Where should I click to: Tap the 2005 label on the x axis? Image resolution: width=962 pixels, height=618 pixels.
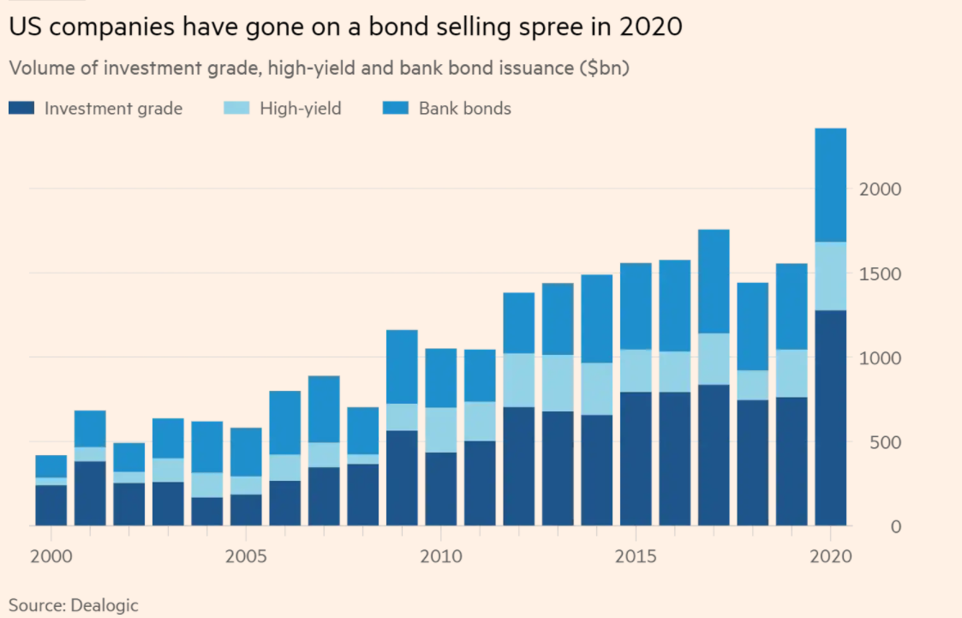tap(246, 556)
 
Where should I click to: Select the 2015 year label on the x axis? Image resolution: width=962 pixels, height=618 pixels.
tap(636, 556)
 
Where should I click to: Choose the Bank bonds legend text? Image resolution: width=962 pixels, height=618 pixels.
tap(464, 109)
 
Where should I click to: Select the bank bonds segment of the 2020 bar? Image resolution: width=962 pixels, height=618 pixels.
tap(830, 184)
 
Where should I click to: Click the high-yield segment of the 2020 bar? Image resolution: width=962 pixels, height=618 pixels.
tap(830, 276)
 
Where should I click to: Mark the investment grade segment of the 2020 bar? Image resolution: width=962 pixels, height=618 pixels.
tap(830, 418)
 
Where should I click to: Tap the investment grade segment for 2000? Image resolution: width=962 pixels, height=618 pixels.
tap(51, 506)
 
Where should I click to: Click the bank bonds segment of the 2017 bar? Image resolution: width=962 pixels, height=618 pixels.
tap(714, 281)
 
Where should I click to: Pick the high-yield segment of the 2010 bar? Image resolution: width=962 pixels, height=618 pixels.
tap(441, 429)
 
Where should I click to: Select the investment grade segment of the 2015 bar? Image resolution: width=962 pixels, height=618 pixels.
tap(636, 459)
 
